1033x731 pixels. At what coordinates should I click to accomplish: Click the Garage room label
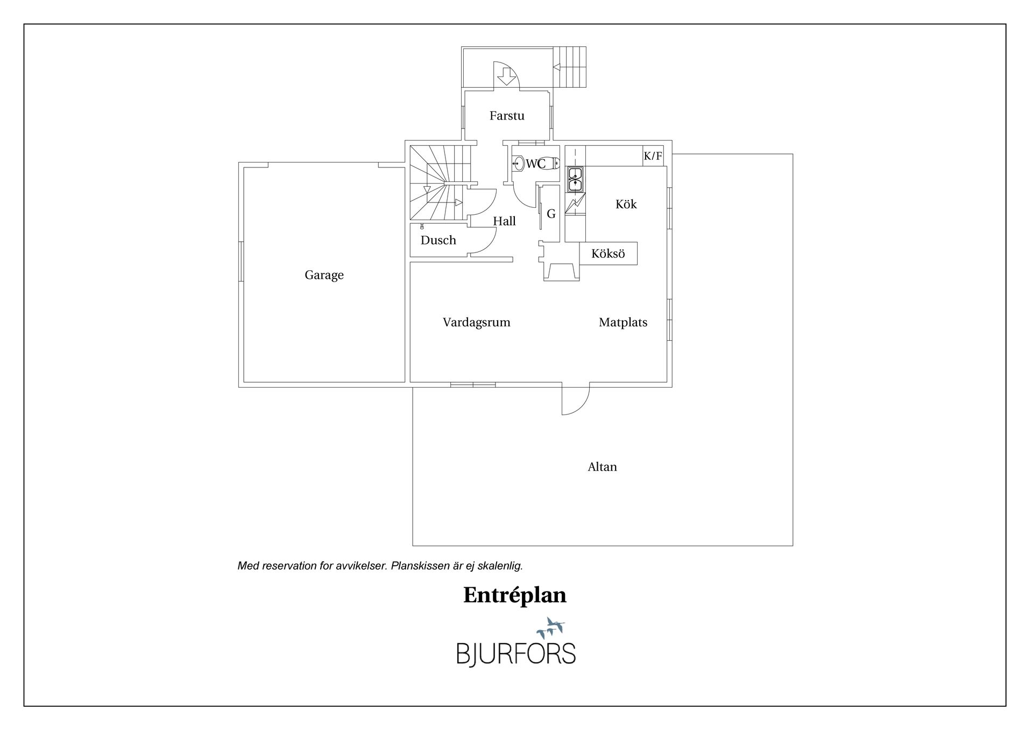coord(324,275)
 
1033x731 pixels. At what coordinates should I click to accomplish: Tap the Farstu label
coord(507,115)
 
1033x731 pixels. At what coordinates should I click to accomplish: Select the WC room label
coord(536,164)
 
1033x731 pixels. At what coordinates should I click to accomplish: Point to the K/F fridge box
coord(653,156)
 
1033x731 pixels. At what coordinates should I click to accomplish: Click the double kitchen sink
coord(575,180)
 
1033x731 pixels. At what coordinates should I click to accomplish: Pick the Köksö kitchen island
coord(609,254)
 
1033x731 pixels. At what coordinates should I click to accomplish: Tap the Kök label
coord(626,204)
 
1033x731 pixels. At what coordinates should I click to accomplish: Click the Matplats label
coord(623,322)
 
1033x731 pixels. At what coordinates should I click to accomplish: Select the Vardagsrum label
coord(477,322)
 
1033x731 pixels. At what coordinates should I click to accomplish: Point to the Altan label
coord(602,467)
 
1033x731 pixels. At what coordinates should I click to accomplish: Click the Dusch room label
coord(438,240)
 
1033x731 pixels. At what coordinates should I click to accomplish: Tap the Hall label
coord(505,221)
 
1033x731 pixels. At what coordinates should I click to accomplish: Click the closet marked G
coord(549,214)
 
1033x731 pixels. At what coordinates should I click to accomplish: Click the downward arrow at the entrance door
coord(506,78)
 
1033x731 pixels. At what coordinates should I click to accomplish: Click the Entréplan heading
coord(515,595)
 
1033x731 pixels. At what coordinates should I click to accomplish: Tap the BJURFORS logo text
coord(516,653)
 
